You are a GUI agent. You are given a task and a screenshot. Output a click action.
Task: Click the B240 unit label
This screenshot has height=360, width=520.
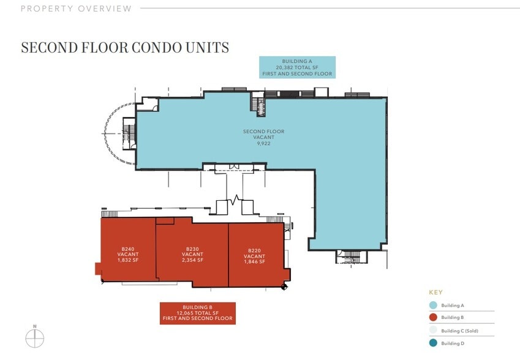127,249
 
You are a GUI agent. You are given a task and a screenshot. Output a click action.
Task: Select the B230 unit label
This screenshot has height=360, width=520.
192,249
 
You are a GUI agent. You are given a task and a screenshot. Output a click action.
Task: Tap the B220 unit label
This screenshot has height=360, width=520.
254,250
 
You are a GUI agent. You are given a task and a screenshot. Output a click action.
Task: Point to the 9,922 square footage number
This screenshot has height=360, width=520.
263,143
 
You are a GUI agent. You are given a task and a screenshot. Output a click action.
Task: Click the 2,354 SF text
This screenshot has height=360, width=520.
192,260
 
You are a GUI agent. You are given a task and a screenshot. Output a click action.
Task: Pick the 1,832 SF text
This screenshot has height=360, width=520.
127,260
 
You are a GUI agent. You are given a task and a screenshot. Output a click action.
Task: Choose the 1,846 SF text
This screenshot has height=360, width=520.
254,261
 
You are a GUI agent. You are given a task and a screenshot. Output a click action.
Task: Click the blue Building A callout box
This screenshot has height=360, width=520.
297,67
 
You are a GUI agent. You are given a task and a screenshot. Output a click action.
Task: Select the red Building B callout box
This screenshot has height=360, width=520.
198,313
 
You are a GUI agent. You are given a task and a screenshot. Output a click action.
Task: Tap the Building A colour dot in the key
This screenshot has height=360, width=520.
433,306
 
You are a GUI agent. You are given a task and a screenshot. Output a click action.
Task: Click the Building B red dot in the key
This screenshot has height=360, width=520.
433,317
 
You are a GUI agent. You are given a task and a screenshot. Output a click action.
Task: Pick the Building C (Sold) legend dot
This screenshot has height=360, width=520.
433,330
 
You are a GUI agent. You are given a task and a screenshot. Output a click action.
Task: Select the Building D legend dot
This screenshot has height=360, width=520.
433,343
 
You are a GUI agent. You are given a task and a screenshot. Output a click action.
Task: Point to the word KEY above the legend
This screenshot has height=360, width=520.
435,293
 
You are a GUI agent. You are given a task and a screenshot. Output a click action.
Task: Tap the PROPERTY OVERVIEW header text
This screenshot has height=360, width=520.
76,9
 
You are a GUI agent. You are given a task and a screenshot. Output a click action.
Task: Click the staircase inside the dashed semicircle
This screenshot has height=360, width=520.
129,133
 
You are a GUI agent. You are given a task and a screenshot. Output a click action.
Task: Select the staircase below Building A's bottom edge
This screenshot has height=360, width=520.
351,257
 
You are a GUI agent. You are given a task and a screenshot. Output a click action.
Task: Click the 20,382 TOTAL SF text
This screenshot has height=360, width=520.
297,67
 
